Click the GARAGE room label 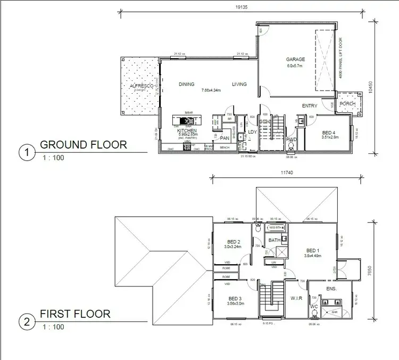(x=295, y=59)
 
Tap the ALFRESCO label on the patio (x=142, y=86)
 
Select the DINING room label (x=186, y=84)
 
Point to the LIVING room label (x=239, y=84)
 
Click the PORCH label (x=347, y=103)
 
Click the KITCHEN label (x=187, y=130)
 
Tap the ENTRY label (x=310, y=106)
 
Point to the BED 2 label (x=232, y=242)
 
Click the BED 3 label (x=235, y=298)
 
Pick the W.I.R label (x=296, y=298)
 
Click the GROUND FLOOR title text (x=84, y=144)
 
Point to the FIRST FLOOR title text (x=75, y=314)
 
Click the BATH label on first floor (x=275, y=240)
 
